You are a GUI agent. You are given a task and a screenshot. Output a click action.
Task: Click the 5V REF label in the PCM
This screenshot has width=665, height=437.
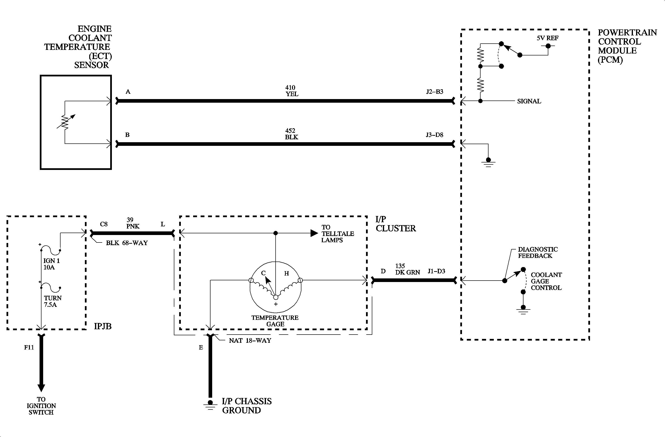[x=547, y=38]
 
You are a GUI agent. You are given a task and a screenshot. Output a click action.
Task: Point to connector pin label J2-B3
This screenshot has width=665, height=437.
[x=434, y=92]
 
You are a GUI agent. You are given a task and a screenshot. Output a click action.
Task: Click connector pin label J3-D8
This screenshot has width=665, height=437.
[x=434, y=135]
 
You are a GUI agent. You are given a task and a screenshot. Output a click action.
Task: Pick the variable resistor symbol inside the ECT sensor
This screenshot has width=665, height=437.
[x=65, y=122]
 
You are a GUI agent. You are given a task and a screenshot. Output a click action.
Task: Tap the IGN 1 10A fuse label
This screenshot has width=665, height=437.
[x=51, y=264]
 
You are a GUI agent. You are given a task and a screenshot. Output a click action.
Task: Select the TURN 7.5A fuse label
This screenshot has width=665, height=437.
[x=53, y=301]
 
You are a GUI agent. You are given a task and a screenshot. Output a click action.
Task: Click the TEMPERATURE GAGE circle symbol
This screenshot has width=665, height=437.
[x=276, y=287]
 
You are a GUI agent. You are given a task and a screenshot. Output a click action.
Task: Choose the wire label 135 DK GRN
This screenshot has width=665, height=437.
[x=407, y=269]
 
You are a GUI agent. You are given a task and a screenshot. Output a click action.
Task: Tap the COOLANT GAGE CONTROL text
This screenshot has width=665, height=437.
[x=546, y=281]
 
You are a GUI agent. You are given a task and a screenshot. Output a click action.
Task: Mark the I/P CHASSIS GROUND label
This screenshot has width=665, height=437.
[x=246, y=406]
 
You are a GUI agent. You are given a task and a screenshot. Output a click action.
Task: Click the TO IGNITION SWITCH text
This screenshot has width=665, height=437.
[x=41, y=406]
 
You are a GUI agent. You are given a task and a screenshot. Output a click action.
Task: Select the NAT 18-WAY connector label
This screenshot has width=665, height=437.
[x=250, y=341]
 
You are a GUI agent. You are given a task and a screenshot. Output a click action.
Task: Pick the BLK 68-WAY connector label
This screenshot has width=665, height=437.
[x=127, y=243]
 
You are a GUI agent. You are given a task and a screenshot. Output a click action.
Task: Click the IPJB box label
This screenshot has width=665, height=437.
[x=102, y=326]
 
